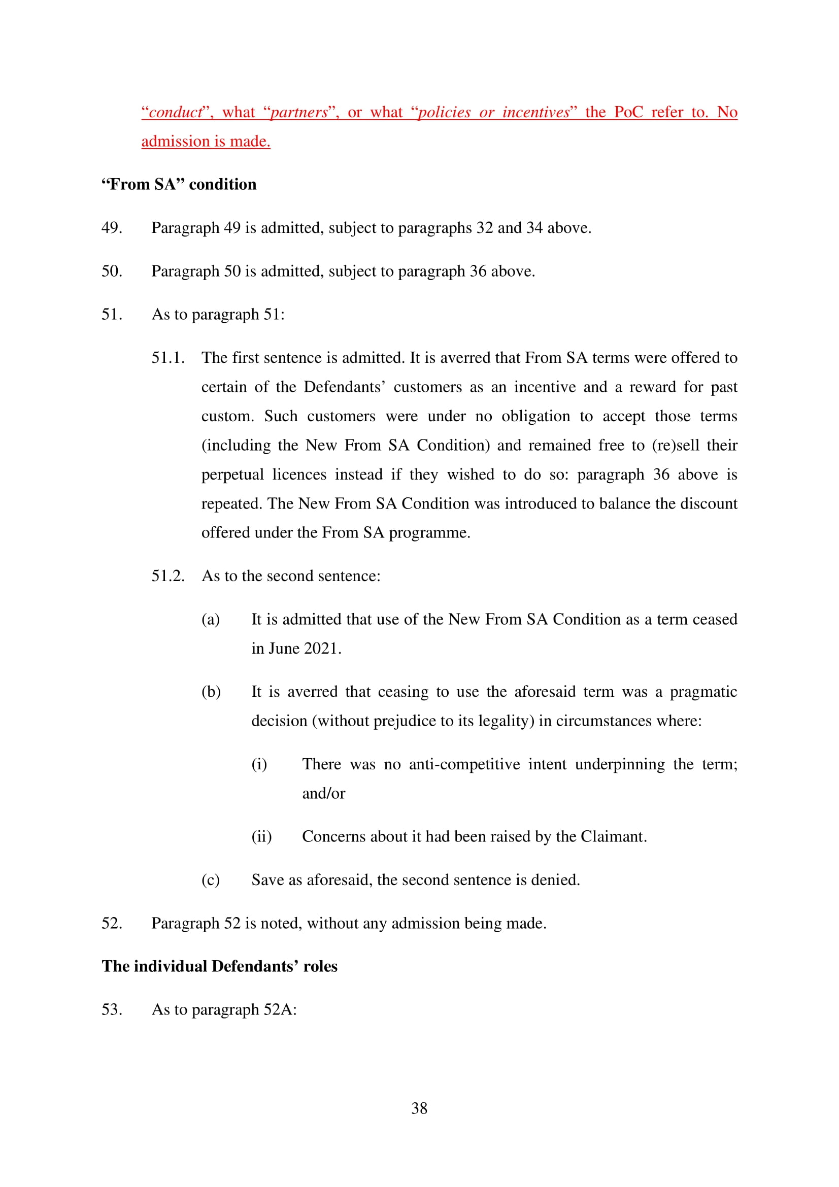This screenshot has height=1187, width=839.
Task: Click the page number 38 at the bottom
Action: [x=419, y=1108]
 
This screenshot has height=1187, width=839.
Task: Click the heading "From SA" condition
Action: [x=179, y=185]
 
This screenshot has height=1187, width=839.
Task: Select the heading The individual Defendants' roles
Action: [x=219, y=966]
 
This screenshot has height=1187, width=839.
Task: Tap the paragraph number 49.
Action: [x=112, y=228]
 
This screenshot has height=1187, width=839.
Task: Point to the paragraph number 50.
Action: [x=112, y=272]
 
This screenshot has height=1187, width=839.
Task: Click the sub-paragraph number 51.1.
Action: [x=167, y=358]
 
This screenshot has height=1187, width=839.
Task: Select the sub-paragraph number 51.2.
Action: [x=167, y=576]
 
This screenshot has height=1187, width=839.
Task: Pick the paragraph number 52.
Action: [x=112, y=923]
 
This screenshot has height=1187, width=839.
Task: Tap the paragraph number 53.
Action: [x=112, y=1010]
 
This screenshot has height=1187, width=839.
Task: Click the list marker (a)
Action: [x=211, y=619]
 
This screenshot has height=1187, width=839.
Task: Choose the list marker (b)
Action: [x=211, y=692]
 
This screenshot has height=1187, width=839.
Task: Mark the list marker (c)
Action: [x=211, y=880]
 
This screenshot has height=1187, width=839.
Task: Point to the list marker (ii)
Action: [x=261, y=836]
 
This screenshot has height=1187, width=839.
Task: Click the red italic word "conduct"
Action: [x=175, y=113]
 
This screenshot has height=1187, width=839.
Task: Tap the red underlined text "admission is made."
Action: [x=206, y=142]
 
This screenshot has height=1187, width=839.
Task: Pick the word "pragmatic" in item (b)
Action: [x=703, y=692]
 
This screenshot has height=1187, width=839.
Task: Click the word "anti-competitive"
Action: [x=464, y=764]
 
